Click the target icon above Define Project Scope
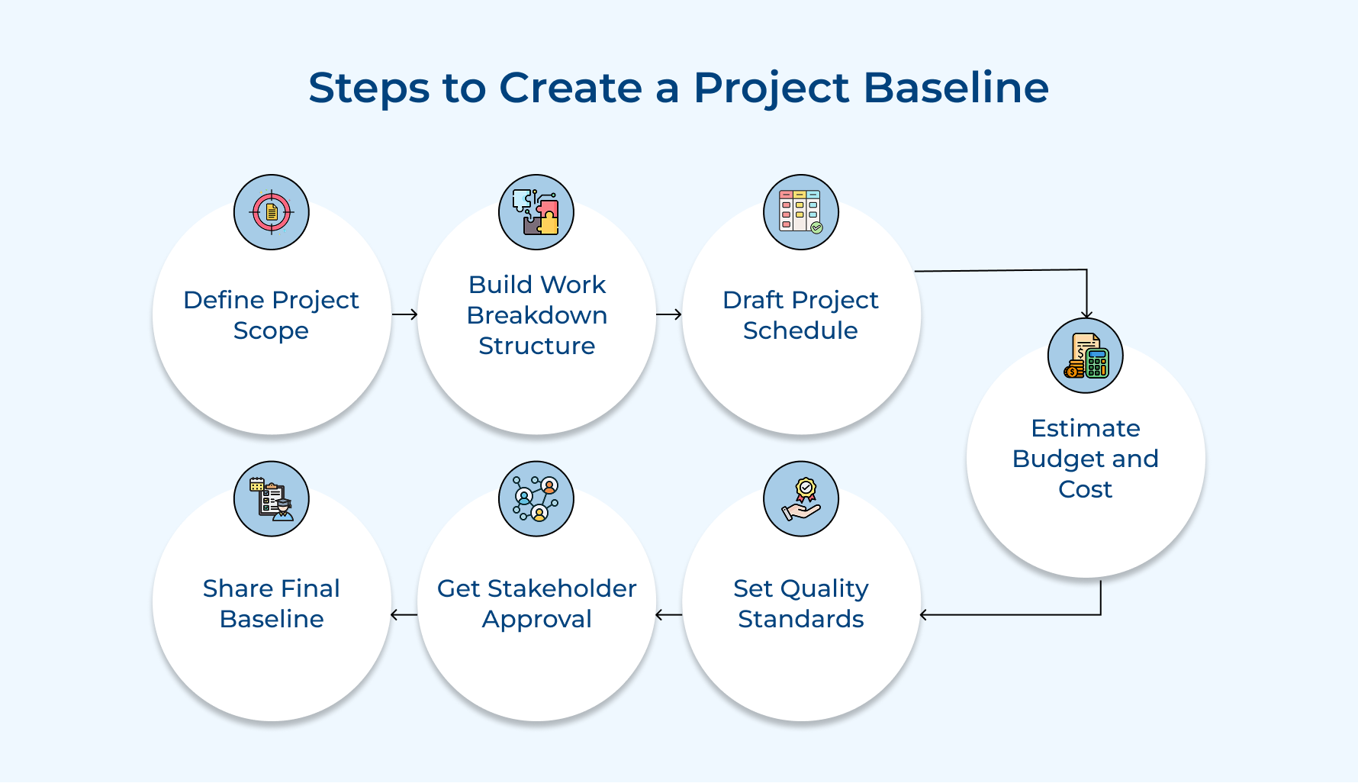271,212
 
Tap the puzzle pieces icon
536,212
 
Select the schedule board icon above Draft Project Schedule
800,212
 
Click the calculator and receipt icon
1085,356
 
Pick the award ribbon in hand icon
800,499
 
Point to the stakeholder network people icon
536,499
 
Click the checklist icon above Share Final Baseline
271,499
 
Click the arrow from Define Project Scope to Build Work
404,314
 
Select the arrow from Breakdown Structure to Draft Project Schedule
669,314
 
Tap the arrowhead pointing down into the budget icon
1086,314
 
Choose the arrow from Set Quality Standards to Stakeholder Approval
669,614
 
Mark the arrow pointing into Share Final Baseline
404,614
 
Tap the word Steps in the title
368,88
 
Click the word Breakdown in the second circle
536,315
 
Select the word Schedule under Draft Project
800,330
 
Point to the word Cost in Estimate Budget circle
1085,489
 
